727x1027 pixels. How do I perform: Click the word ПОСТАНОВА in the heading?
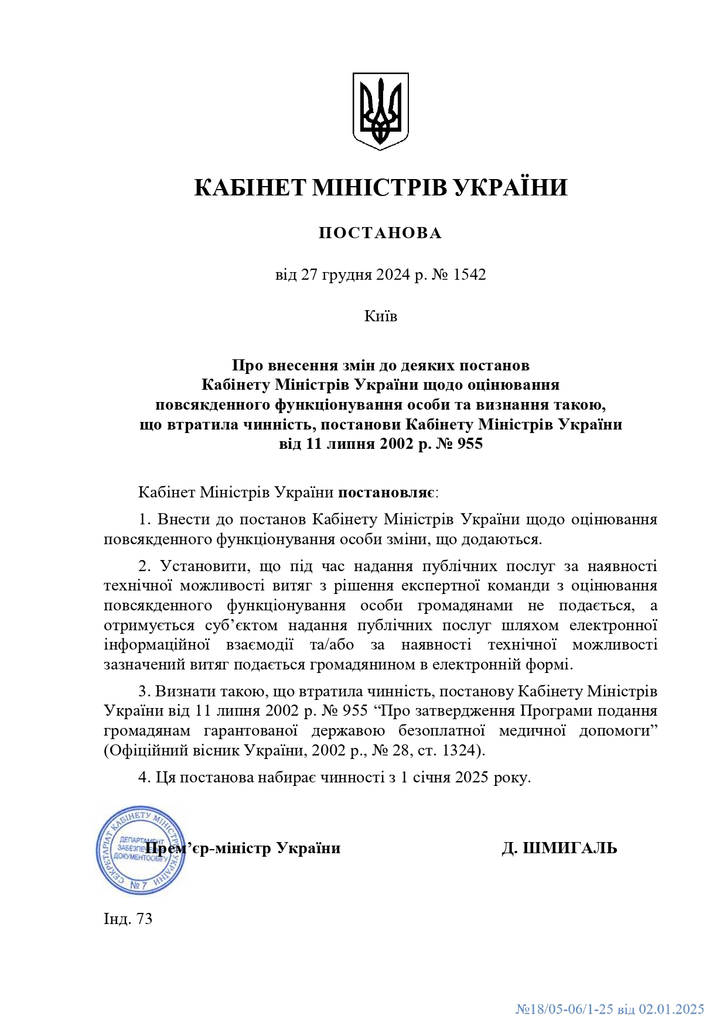click(380, 233)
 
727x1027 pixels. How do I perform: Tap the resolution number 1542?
click(470, 274)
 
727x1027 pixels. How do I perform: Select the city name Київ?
click(381, 317)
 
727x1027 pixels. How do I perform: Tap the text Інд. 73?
click(128, 919)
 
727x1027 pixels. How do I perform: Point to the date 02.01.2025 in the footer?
click(671, 1009)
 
